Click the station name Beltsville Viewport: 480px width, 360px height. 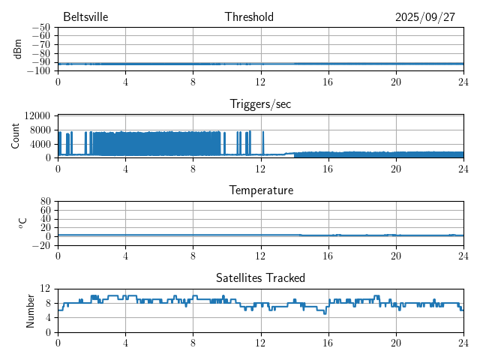coord(86,17)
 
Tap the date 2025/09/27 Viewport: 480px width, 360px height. coord(424,17)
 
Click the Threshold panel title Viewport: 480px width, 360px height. coord(249,17)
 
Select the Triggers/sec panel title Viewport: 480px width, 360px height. coord(260,104)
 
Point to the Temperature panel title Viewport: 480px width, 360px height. coord(260,190)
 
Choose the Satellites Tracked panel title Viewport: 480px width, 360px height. coord(260,277)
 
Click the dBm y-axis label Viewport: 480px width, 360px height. coord(18,49)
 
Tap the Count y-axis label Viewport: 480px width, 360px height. coord(16,136)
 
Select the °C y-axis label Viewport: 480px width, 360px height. coord(22,223)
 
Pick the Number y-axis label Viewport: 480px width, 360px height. coord(31,310)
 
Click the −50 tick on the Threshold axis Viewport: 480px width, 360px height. coord(40,28)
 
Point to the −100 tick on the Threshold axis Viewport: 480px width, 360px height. coord(38,71)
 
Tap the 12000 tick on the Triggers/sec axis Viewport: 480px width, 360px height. coord(37,115)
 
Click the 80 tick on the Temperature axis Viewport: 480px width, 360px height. coord(46,202)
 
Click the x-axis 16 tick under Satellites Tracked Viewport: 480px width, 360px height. coord(328,342)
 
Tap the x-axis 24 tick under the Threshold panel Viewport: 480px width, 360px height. coord(463,82)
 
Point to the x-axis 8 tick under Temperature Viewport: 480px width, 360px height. coord(193,255)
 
